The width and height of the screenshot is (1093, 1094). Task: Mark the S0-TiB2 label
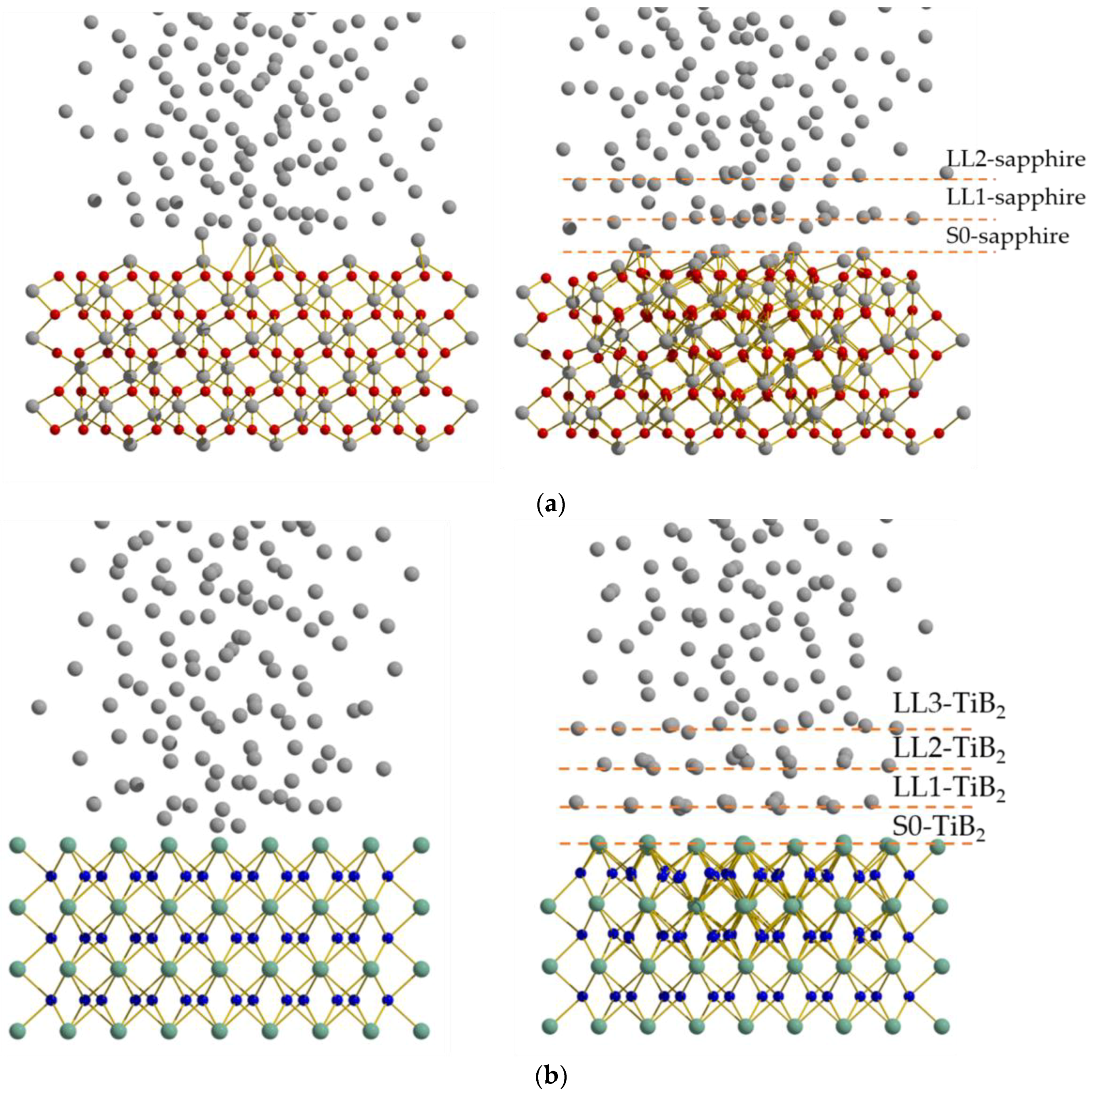938,828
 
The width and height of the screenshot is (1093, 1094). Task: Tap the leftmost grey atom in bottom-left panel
39,707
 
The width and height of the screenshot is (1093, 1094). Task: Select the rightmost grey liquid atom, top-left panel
459,41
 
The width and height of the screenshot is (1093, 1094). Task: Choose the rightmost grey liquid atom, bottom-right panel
925,626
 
